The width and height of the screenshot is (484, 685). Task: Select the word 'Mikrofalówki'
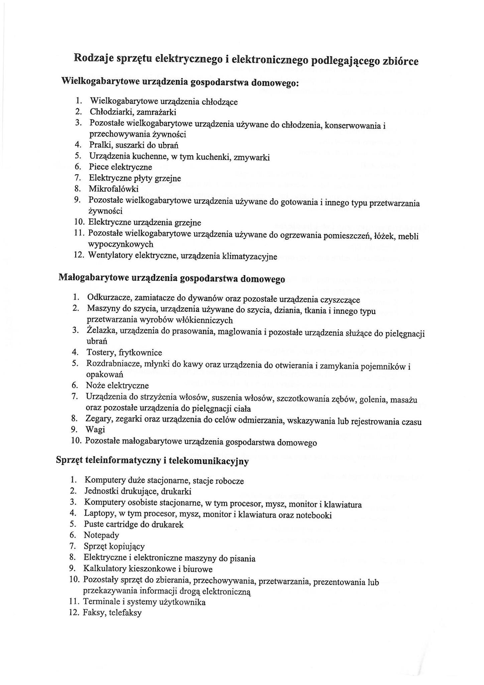click(x=113, y=189)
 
